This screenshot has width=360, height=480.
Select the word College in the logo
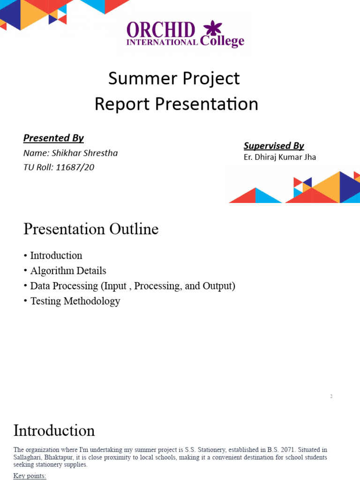pyautogui.click(x=222, y=41)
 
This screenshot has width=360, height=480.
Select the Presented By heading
pyautogui.click(x=53, y=138)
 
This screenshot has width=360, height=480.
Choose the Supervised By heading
pyautogui.click(x=274, y=146)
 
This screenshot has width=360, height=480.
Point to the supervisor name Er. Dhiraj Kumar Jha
pyautogui.click(x=280, y=157)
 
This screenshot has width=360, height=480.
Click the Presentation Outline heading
pyautogui.click(x=91, y=229)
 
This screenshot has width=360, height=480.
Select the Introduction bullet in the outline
pyautogui.click(x=56, y=255)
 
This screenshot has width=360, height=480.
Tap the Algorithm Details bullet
pyautogui.click(x=68, y=271)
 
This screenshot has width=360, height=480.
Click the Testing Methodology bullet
pyautogui.click(x=75, y=301)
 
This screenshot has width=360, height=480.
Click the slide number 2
pyautogui.click(x=331, y=397)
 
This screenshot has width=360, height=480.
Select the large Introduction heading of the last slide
pyautogui.click(x=54, y=430)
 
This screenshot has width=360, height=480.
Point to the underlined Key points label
pyautogui.click(x=30, y=476)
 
